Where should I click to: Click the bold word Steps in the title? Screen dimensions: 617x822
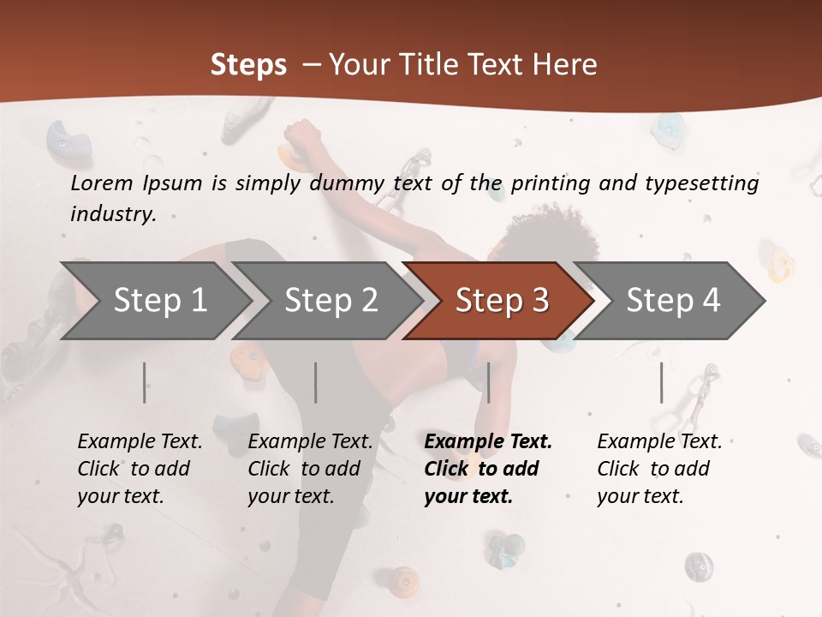tap(248, 65)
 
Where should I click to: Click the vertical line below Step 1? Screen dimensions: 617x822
tap(145, 382)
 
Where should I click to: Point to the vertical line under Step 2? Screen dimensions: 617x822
tap(316, 382)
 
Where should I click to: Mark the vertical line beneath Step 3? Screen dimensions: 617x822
tap(489, 382)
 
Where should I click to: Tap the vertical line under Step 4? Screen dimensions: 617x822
tap(662, 382)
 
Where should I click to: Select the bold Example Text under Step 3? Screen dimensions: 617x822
tap(488, 468)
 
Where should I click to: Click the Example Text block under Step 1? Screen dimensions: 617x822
tap(140, 468)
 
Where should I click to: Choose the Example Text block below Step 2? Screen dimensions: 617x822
tap(310, 468)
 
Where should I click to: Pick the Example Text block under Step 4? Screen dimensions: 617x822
tap(659, 468)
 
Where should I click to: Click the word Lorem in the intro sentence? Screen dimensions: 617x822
tap(102, 183)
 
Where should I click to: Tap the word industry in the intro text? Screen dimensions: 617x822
tap(113, 214)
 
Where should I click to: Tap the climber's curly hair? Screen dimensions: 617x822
tap(561, 231)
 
